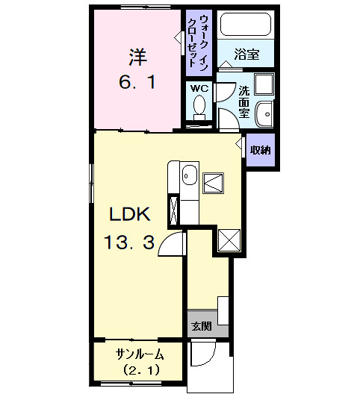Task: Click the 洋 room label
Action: (x=137, y=56)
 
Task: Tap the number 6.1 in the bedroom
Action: (x=137, y=81)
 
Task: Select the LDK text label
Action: (x=131, y=215)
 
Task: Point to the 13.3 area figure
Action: (x=131, y=242)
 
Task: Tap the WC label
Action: (x=199, y=88)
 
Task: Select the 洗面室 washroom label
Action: (x=243, y=101)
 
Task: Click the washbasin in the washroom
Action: (x=264, y=113)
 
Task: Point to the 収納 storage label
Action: (x=260, y=149)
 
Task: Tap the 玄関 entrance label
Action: (x=199, y=325)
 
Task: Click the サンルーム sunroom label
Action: (x=139, y=353)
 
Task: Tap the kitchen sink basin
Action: (x=188, y=178)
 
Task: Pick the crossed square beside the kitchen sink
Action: (x=215, y=182)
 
